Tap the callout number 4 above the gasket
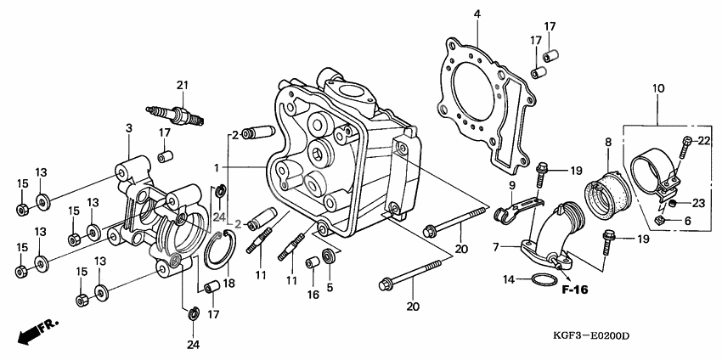477,14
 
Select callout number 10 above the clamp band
657,88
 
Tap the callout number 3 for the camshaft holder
128,128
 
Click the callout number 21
181,83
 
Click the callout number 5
330,288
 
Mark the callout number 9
512,186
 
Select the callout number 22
704,140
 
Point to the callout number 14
508,279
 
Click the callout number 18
228,281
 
